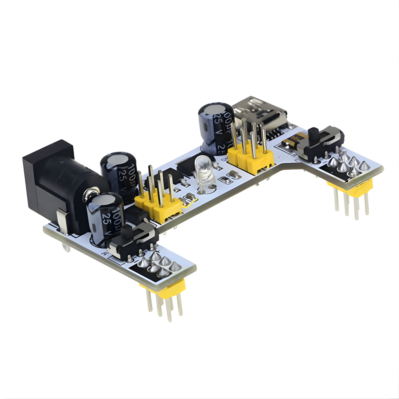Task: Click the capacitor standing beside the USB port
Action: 216,128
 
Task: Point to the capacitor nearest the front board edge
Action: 105,217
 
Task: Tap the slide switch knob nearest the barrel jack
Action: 127,232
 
